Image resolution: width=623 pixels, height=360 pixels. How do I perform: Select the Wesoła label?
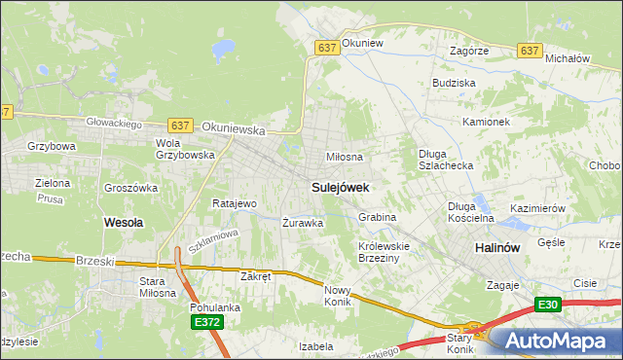pos(124,222)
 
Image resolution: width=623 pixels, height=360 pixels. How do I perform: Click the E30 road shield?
pos(547,305)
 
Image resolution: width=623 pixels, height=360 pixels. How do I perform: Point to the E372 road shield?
pos(205,322)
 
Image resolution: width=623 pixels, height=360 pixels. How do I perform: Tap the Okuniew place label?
pos(364,44)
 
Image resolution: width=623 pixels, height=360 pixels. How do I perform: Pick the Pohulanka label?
pos(215,307)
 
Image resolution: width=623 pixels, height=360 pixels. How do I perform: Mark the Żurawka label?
pos(303,223)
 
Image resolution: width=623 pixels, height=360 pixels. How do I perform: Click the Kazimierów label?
pos(538,209)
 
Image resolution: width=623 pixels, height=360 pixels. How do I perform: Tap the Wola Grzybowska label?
pos(182,148)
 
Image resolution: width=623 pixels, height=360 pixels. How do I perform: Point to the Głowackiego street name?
pos(115,124)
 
